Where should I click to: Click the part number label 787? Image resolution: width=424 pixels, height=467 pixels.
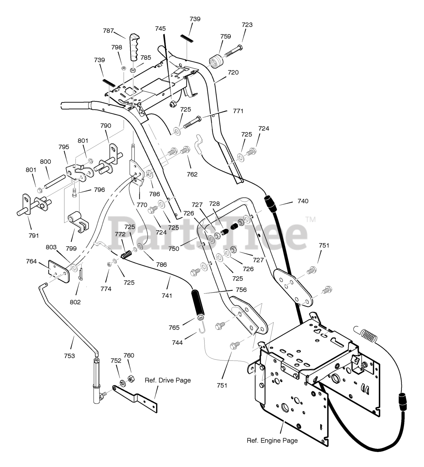(109, 31)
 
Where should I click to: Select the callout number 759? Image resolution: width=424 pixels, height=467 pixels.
(226, 36)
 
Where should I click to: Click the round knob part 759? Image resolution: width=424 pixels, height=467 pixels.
(216, 61)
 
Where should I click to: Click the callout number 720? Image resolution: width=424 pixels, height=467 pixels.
(233, 72)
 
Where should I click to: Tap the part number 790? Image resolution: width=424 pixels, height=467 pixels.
(106, 126)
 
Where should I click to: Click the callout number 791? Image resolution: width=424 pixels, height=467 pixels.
(33, 235)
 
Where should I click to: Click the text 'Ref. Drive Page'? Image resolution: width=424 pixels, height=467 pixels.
(168, 380)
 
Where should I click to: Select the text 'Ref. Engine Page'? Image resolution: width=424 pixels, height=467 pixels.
(272, 440)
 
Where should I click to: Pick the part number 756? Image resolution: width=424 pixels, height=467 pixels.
(241, 290)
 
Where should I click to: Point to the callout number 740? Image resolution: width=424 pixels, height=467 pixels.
(303, 201)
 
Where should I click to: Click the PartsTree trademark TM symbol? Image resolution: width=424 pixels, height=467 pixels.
(310, 220)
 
